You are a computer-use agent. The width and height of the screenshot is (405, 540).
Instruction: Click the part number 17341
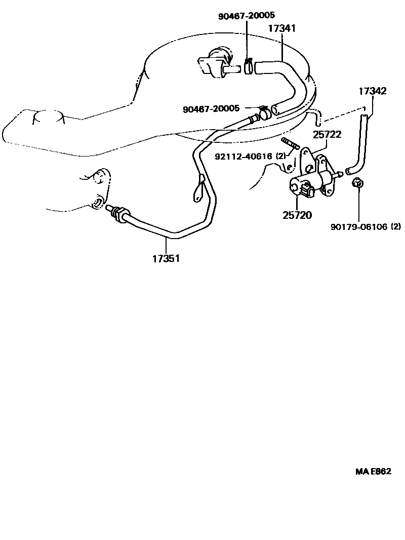281,29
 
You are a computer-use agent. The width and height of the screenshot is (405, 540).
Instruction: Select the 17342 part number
373,92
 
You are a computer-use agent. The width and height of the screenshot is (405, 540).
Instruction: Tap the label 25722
327,135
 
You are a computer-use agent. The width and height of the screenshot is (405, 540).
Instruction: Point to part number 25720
297,215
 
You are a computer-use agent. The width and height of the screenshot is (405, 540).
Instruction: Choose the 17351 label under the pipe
166,258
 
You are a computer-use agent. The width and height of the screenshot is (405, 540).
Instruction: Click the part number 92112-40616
243,157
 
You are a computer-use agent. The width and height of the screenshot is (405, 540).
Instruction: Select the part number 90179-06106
359,227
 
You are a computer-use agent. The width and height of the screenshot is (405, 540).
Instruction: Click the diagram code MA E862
373,471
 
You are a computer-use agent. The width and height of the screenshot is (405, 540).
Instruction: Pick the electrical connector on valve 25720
307,191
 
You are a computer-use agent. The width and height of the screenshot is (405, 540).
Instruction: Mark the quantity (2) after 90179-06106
395,227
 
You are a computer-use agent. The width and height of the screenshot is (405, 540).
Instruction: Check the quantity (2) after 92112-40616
281,157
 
